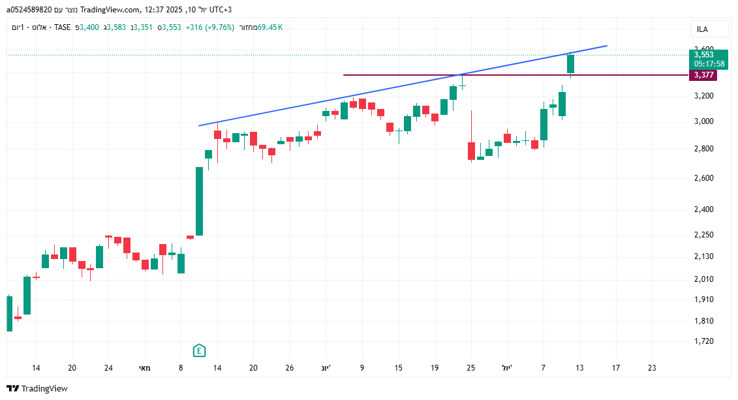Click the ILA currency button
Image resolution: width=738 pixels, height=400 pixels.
[702, 29]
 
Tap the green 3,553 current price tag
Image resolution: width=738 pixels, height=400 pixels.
[703, 55]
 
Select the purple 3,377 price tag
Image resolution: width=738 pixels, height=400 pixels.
[703, 75]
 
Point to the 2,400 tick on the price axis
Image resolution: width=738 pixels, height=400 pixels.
[703, 209]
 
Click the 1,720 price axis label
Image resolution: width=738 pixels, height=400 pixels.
[703, 341]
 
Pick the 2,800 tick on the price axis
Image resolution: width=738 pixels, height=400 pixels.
[703, 149]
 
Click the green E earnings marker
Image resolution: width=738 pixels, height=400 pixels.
[199, 351]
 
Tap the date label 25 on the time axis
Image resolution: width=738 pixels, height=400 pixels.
[471, 368]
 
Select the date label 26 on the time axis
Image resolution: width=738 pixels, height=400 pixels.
[290, 368]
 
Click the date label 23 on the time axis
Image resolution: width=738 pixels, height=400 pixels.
[652, 368]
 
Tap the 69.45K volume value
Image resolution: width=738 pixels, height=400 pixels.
[269, 27]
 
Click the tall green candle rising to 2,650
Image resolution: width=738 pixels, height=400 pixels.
[199, 201]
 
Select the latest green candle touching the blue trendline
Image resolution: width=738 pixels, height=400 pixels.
[570, 64]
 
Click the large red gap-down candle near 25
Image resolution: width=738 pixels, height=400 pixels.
[471, 151]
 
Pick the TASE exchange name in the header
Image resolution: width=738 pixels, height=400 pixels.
[63, 27]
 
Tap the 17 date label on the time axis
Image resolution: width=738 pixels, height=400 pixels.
[615, 368]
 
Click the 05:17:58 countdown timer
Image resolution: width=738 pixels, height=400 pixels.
[709, 64]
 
